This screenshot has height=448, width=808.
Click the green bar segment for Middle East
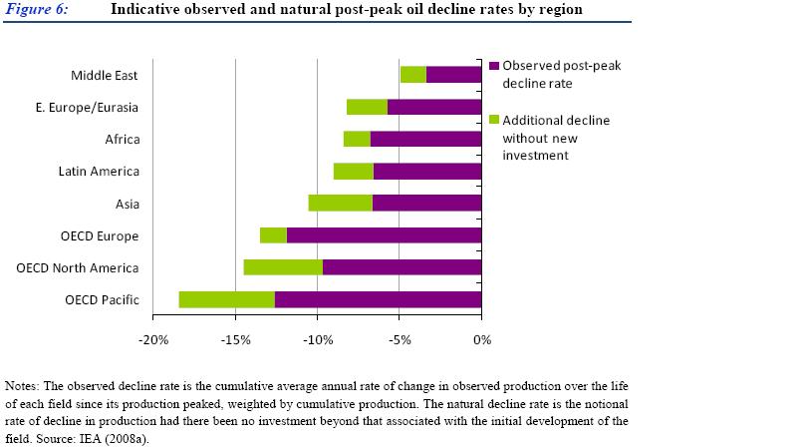pyautogui.click(x=412, y=74)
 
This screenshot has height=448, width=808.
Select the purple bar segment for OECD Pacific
pyautogui.click(x=378, y=299)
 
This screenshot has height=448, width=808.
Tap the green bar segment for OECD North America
pyautogui.click(x=283, y=267)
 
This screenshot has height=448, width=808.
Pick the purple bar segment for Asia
pyautogui.click(x=426, y=203)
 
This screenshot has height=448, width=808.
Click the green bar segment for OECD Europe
pyautogui.click(x=273, y=235)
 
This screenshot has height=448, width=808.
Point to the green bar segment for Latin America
pyautogui.click(x=353, y=171)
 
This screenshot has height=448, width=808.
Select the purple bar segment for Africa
pyautogui.click(x=425, y=139)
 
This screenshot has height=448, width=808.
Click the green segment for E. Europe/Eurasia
pyautogui.click(x=367, y=107)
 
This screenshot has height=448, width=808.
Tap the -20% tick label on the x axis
pyautogui.click(x=153, y=340)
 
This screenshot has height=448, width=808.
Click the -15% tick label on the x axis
pyautogui.click(x=235, y=340)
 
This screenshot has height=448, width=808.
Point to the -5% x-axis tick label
pyautogui.click(x=399, y=340)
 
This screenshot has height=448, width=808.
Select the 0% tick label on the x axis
pyautogui.click(x=481, y=340)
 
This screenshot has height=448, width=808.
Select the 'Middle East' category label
pyautogui.click(x=105, y=75)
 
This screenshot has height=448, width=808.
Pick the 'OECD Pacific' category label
pyautogui.click(x=102, y=300)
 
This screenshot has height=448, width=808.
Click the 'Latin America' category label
pyautogui.click(x=99, y=172)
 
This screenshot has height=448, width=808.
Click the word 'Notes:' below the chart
pyautogui.click(x=23, y=385)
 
